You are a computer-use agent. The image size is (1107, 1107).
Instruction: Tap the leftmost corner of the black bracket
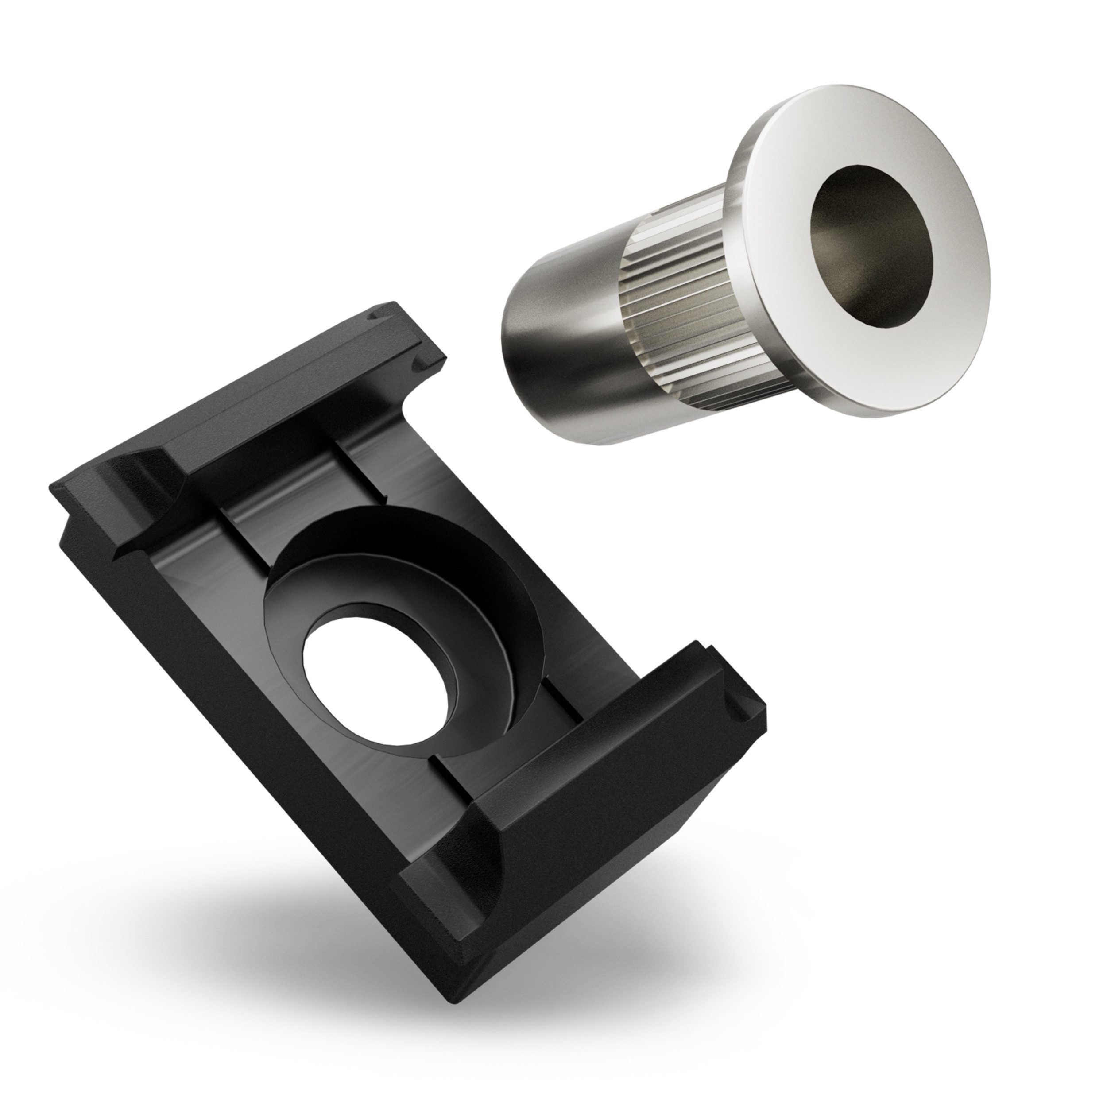tap(54, 487)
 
